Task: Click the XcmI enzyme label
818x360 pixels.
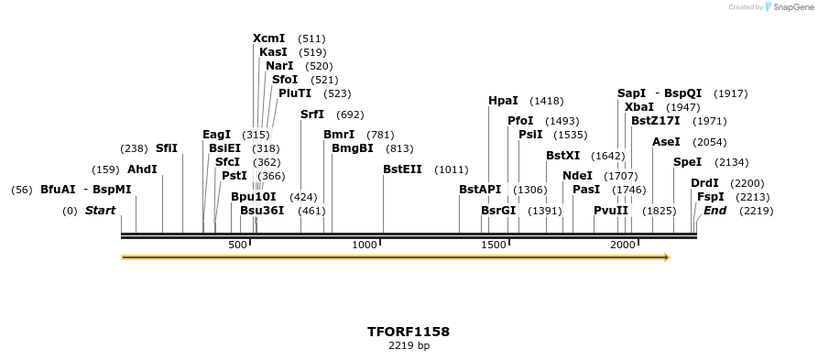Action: [268, 38]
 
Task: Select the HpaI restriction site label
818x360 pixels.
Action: [503, 101]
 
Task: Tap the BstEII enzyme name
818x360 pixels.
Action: [402, 169]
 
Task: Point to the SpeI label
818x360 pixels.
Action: [687, 162]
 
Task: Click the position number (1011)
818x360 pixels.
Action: [452, 169]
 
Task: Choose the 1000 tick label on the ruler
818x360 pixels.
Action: [365, 245]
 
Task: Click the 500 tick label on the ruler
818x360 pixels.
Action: [237, 245]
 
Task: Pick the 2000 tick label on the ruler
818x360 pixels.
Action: [623, 245]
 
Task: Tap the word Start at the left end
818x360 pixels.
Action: [100, 211]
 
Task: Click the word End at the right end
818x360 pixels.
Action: [714, 211]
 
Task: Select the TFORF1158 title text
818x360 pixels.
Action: [409, 332]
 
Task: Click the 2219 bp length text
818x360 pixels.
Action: [409, 346]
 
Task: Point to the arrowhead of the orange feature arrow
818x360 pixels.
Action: [667, 257]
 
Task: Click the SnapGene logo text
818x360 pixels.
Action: [790, 7]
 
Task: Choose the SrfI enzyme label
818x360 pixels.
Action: [312, 115]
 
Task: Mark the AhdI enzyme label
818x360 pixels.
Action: [142, 169]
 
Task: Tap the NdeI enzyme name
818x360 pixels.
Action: [577, 176]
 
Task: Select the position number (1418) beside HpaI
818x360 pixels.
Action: [547, 101]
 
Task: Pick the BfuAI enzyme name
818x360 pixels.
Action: [58, 190]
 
